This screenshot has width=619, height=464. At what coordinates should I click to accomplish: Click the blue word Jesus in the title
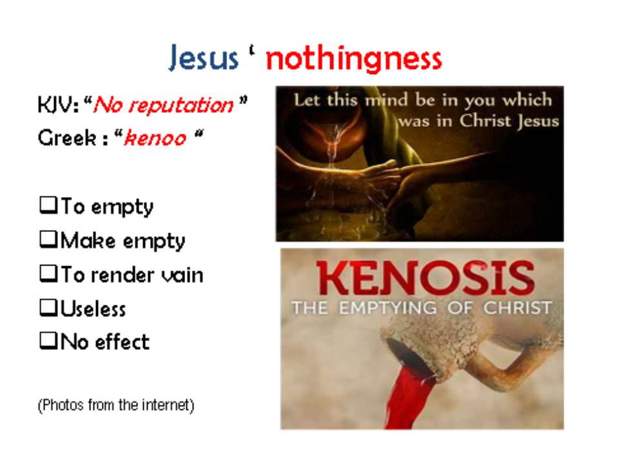click(x=204, y=58)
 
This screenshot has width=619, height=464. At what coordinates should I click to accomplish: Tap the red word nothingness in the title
click(x=354, y=59)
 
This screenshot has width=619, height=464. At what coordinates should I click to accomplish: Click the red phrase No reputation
click(x=163, y=105)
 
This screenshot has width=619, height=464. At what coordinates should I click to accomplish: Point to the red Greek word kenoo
click(x=155, y=138)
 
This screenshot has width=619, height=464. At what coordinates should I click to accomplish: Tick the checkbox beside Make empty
click(x=48, y=239)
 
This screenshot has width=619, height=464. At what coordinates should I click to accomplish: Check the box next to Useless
click(x=48, y=307)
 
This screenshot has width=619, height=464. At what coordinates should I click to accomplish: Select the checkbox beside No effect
click(x=48, y=341)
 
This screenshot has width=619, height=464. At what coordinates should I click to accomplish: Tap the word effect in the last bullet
click(x=122, y=342)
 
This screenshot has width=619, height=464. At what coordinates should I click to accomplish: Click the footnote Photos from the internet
click(x=116, y=405)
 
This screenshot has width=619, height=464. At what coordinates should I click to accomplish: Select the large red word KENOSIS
click(x=425, y=278)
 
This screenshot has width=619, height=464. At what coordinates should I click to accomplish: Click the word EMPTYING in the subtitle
click(x=388, y=308)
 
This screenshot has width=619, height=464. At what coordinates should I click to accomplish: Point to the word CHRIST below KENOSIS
click(x=518, y=308)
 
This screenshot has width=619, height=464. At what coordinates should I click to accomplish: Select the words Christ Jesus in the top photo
click(x=509, y=121)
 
